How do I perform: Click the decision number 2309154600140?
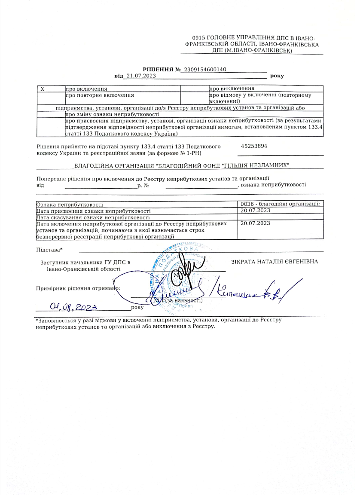pyautogui.click(x=204, y=70)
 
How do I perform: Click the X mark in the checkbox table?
pyautogui.click(x=43, y=89)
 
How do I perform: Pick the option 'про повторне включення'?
pyautogui.click(x=99, y=95)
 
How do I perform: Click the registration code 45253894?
pyautogui.click(x=254, y=147)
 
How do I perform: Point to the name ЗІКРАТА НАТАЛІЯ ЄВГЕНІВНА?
pyautogui.click(x=275, y=262)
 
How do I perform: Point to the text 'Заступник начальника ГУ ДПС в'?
pyautogui.click(x=85, y=262)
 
